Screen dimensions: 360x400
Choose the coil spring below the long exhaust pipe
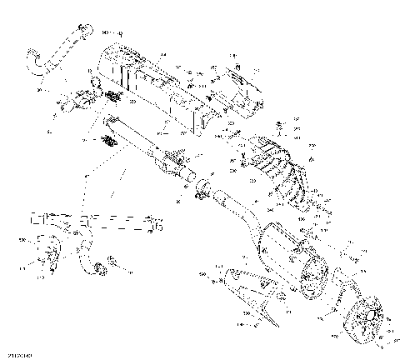coord(107,142)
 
